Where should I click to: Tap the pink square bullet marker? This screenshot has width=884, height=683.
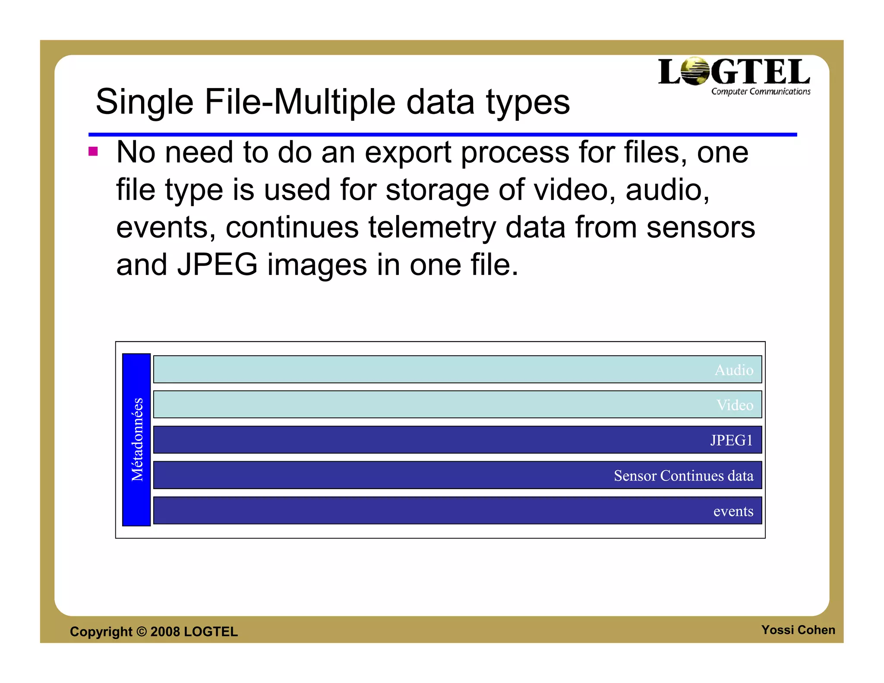93,152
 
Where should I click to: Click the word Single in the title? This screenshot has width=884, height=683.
144,102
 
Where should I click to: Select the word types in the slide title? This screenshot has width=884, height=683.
527,103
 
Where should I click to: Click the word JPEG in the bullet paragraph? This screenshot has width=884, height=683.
217,265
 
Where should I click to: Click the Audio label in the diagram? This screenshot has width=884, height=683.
734,370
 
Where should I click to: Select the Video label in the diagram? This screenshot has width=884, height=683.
735,405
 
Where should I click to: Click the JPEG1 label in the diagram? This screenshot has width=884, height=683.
731,440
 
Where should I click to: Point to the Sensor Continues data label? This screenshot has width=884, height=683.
683,476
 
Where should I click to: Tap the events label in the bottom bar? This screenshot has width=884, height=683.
733,511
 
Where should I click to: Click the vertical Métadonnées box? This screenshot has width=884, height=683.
136,440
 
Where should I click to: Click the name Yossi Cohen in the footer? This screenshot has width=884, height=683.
798,630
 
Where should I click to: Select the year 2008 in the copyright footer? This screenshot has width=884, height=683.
165,632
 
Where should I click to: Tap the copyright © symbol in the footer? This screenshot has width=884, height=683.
142,632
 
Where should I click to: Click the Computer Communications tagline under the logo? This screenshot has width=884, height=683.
761,92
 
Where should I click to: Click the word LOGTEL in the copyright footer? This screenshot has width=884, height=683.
211,632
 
